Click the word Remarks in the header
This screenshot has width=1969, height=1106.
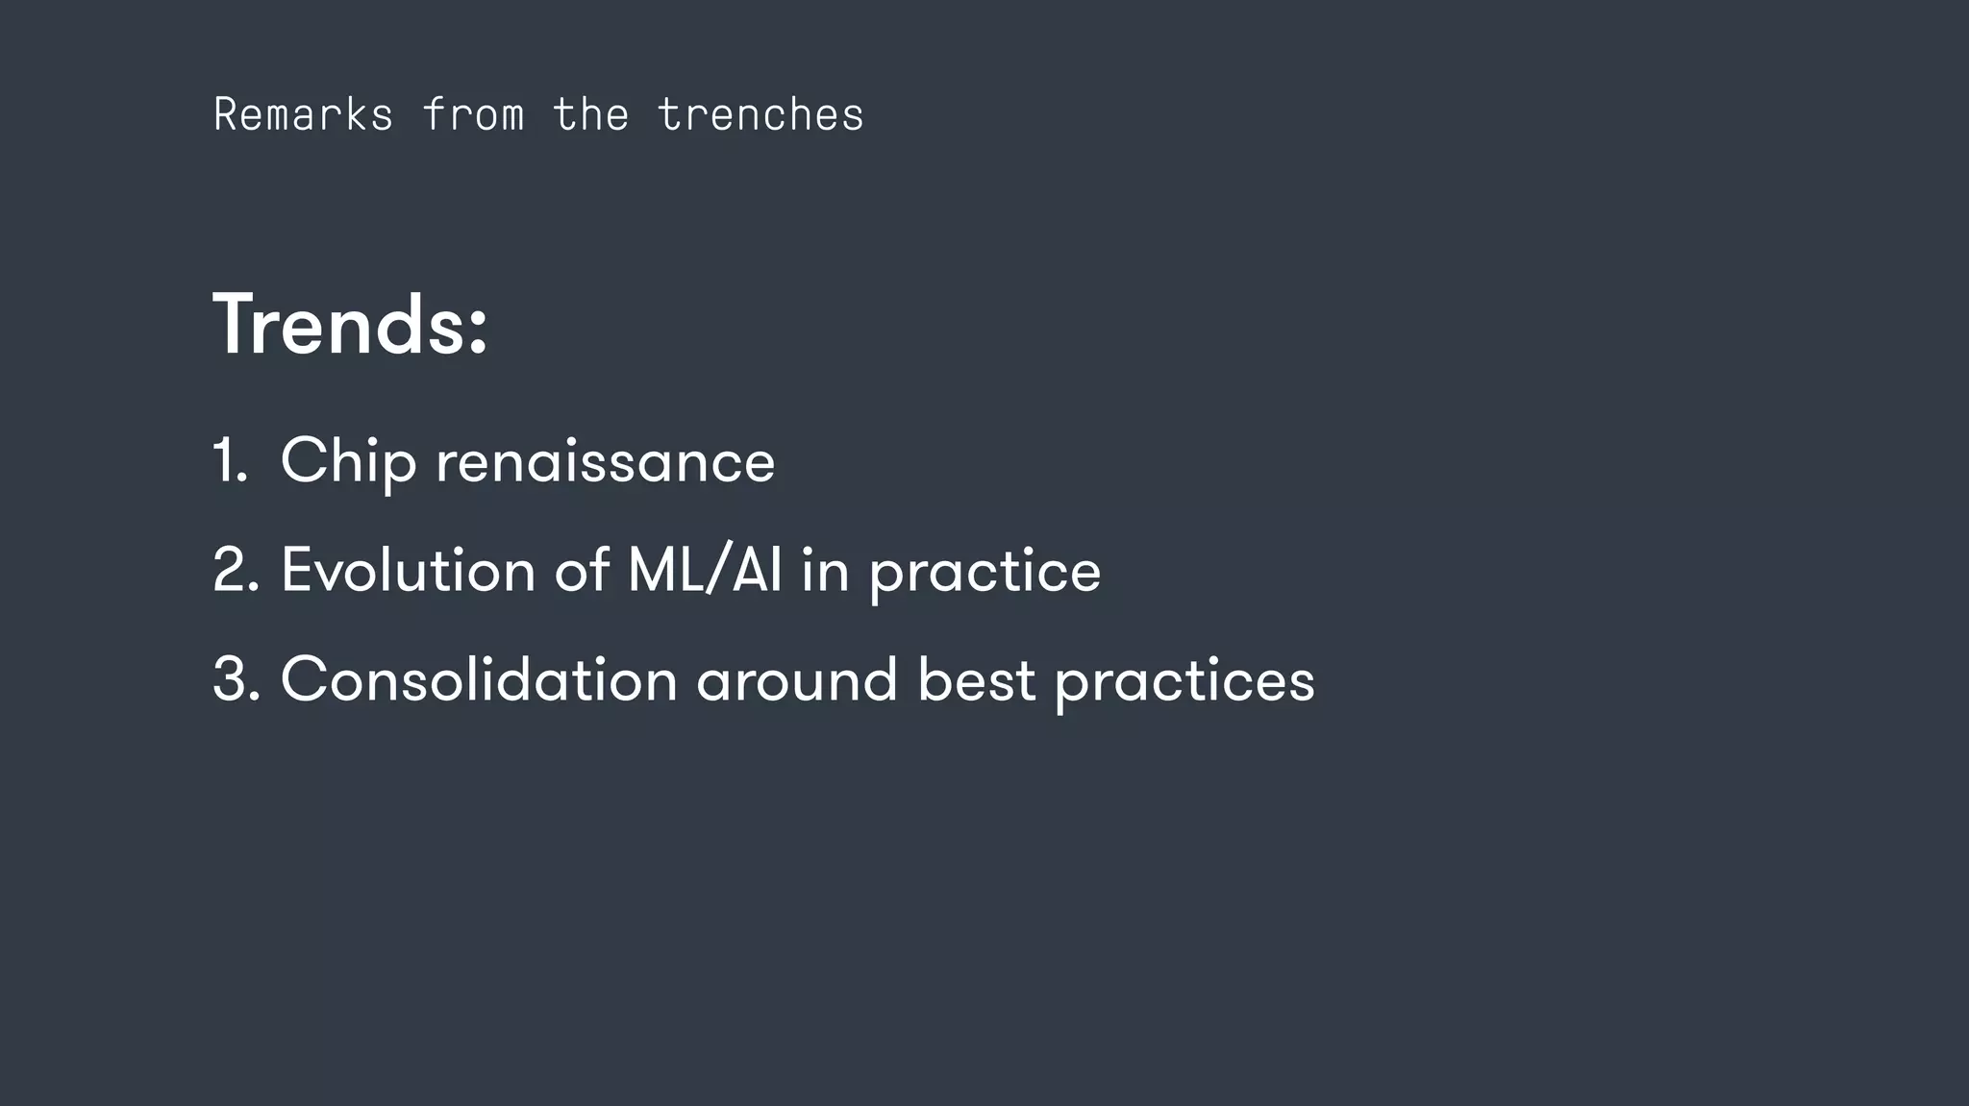[x=303, y=114]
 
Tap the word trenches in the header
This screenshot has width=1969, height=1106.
[x=760, y=114]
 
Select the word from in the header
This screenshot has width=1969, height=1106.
[x=473, y=114]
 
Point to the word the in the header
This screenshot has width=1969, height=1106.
[x=590, y=114]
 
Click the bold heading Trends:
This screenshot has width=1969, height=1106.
[x=350, y=325]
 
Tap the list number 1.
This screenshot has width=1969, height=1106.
[x=229, y=460]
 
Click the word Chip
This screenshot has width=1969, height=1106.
[x=348, y=462]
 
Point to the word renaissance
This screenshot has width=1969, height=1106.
[x=605, y=462]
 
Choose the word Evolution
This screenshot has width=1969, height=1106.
[x=408, y=570]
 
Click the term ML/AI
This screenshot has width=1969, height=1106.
[x=704, y=570]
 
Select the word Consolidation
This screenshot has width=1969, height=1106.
[x=479, y=679]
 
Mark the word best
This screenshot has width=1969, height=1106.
[x=976, y=679]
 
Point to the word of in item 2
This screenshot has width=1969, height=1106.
[x=582, y=570]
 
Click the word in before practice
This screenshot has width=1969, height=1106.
[x=825, y=570]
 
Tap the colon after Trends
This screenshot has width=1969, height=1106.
[x=479, y=332]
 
